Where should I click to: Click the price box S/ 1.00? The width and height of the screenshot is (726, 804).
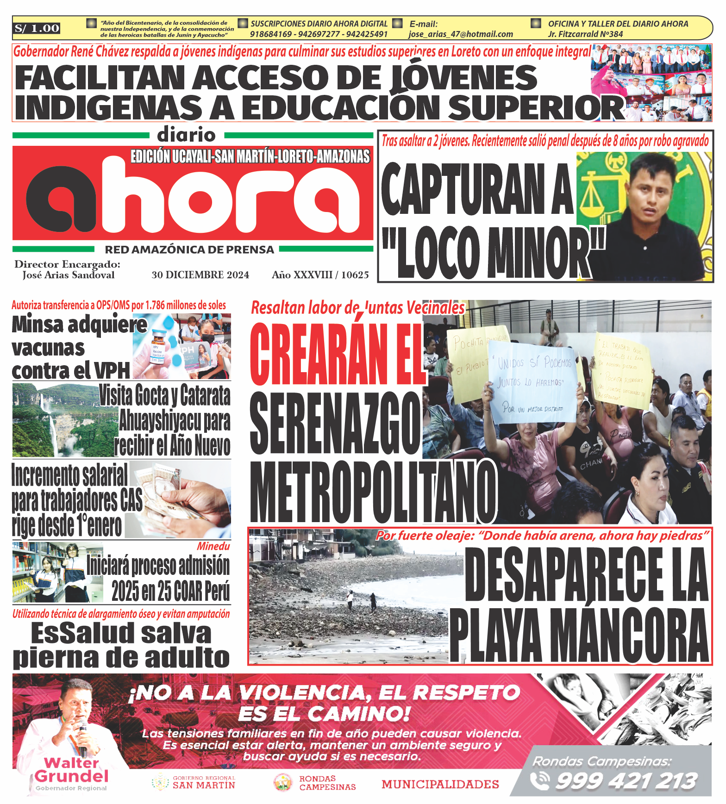[x=37, y=29]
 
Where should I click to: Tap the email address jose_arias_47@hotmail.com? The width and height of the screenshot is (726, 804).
[x=460, y=34]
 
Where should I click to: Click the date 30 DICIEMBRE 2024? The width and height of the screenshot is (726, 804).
[x=200, y=275]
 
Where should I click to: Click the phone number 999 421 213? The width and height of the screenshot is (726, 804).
[x=626, y=781]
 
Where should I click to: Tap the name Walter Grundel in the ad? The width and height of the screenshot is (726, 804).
[x=71, y=770]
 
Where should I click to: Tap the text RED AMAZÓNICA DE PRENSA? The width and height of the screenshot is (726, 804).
[x=189, y=249]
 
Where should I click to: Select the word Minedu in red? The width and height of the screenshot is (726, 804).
[x=213, y=546]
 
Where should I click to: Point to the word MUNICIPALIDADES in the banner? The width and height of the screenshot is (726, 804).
[x=440, y=784]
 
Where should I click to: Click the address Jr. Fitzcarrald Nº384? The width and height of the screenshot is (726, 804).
[x=585, y=34]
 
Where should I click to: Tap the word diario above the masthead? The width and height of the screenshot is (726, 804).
[x=186, y=135]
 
